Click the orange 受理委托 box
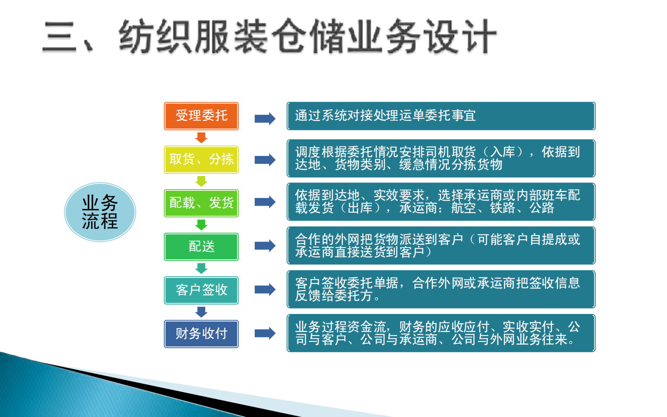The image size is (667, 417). pos(201,116)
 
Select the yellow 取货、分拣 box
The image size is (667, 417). pos(201,159)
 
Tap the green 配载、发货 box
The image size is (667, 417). pos(201,203)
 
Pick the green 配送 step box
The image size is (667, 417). pos(201,247)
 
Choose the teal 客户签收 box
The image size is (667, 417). pos(201,290)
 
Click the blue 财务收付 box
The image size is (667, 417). pos(201,334)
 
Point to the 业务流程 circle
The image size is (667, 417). pos(100,212)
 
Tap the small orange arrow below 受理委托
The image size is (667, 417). pos(201,137)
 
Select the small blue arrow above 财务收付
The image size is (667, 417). pos(201,312)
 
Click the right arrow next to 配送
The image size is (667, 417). pos(265,246)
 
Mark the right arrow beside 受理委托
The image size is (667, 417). pos(265,119)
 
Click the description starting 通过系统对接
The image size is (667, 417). pos(441,116)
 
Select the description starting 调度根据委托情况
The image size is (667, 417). pos(441,158)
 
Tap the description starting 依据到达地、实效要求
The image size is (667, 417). pos(441,202)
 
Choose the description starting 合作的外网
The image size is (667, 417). pos(441,245)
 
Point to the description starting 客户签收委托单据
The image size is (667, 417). pos(441,289)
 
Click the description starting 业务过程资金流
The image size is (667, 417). pos(441,333)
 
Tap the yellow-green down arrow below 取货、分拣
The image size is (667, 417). pos(201,181)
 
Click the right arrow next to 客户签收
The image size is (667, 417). pos(265,290)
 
